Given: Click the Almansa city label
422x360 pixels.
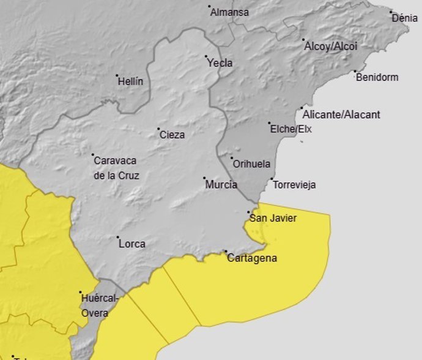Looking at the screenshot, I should pos(229,12).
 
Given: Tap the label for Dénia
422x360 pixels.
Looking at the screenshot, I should pos(405,18).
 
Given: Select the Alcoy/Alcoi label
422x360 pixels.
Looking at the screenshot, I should pos(330,47).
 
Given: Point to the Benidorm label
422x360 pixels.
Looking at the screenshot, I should pos(377,78).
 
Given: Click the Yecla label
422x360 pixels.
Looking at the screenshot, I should pos(220,63).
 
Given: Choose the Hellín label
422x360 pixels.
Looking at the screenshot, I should pos(130,81).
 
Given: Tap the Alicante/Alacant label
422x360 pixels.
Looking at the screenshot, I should pos(341,114).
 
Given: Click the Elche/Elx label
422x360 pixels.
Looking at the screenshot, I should pos(291,129).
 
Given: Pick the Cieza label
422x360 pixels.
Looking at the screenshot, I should pos(172,135).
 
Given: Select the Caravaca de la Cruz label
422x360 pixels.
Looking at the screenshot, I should pos(116,168).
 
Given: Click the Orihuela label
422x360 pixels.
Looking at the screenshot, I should pos(251,164).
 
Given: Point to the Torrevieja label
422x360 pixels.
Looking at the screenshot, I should pos(294,185).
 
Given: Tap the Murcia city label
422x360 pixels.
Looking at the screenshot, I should pos(221,185).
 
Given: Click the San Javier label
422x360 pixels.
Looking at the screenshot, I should pos(273,218).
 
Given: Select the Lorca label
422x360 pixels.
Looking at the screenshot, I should pos(132,244).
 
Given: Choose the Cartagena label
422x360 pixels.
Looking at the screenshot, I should pos(252,258).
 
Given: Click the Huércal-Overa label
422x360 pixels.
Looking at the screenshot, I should pos(95,306).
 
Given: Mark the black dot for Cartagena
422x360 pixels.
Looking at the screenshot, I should pos(225,252).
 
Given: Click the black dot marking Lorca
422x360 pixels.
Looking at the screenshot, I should pos(117,237).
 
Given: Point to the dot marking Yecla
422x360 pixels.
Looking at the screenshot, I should pos(206,57).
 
